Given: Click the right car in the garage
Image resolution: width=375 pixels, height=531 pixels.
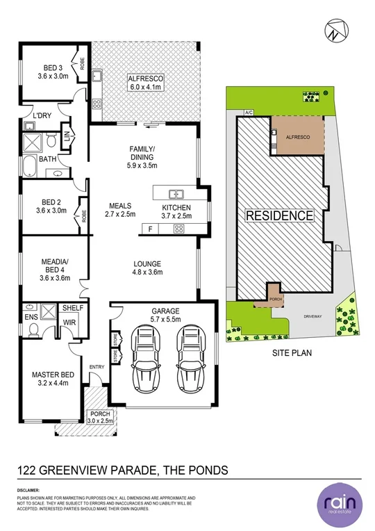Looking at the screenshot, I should coord(190,359).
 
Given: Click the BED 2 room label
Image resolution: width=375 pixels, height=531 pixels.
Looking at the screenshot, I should coord(52,206).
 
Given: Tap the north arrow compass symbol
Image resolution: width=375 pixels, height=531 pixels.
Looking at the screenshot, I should coord(334,31).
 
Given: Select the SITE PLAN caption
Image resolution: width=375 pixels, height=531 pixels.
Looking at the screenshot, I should coord(291,352).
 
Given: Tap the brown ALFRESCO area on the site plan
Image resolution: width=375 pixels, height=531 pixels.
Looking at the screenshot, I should coord(297,137).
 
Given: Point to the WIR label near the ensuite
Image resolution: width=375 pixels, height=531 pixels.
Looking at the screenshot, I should coord(69,322).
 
